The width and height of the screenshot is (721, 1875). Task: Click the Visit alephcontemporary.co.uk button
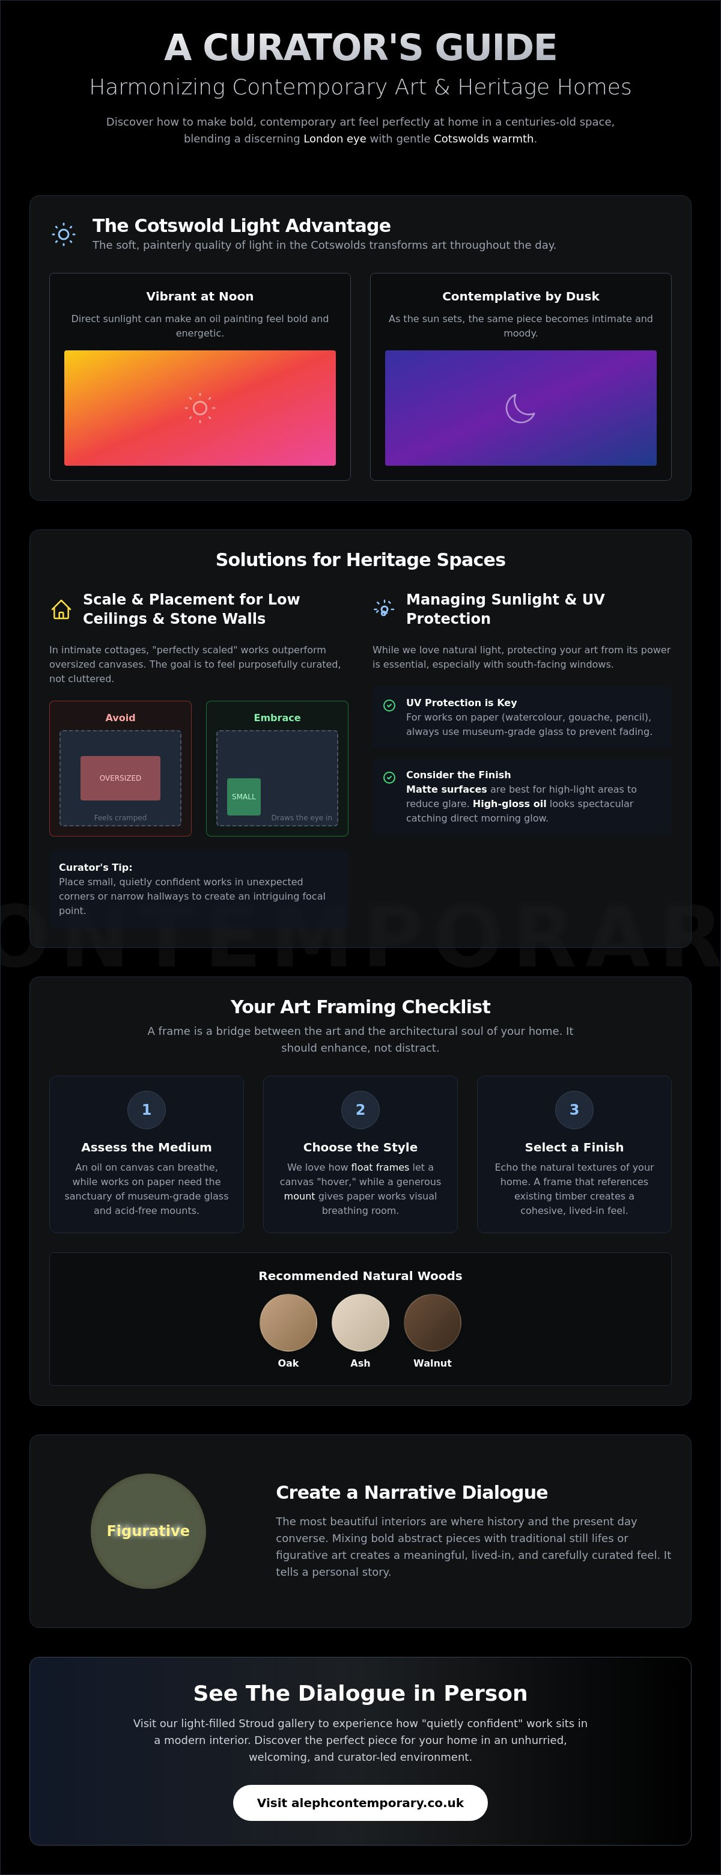click(360, 1802)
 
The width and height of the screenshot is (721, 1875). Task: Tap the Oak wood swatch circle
click(288, 1322)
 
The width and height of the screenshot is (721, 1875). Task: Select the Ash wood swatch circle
click(360, 1322)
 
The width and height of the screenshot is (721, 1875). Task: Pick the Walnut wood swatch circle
click(432, 1322)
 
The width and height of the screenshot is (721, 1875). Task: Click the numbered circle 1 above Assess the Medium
click(146, 1109)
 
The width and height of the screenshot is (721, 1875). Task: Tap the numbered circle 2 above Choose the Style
click(360, 1109)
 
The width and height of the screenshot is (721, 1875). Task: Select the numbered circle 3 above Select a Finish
click(574, 1109)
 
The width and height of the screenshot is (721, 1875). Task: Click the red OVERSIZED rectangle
click(120, 778)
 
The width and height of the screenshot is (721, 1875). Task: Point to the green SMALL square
click(244, 796)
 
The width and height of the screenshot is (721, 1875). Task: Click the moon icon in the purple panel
click(520, 407)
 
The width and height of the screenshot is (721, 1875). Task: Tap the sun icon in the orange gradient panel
click(200, 407)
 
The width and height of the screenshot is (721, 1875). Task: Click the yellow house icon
click(61, 609)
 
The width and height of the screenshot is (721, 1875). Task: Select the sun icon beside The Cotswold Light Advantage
click(63, 234)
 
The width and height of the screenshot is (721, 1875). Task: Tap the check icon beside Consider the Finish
click(389, 778)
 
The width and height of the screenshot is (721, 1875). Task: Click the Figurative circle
click(148, 1531)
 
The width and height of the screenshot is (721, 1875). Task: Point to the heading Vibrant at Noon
click(200, 296)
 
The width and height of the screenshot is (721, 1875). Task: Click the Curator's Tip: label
click(96, 867)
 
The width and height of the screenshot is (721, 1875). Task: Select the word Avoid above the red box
click(120, 718)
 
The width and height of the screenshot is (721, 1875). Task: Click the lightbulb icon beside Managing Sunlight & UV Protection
click(383, 609)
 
